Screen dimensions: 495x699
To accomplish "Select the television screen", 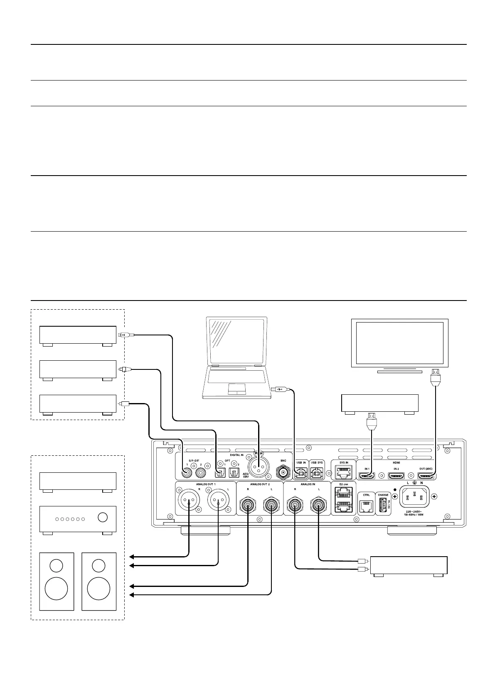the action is (x=400, y=343).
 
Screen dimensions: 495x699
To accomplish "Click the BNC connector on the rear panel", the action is (x=284, y=472).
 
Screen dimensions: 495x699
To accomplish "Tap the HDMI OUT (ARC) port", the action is (x=426, y=476).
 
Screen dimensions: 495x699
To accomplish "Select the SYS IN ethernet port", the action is (x=344, y=472).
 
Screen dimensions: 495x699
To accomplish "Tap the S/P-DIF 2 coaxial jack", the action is (x=202, y=472).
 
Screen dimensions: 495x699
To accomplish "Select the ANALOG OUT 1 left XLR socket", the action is (x=218, y=504).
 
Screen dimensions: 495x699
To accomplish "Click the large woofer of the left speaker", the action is (x=56, y=588).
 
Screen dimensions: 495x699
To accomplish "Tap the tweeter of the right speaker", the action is (x=99, y=565).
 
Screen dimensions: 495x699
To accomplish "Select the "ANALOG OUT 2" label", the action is (x=260, y=484).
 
